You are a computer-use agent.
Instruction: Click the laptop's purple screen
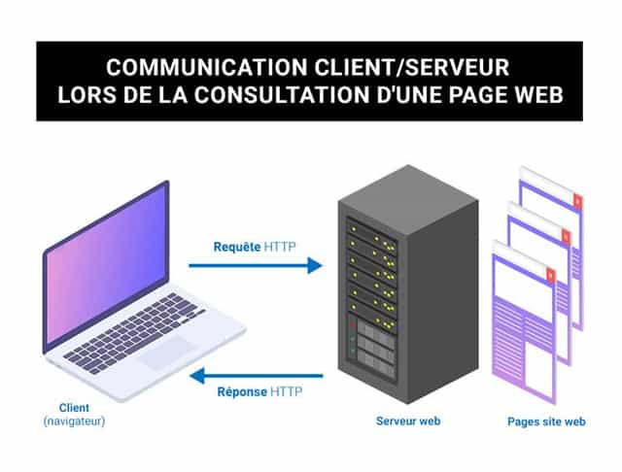coord(106,261)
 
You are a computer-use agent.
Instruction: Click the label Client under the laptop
coord(74,409)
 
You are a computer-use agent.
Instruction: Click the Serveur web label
coord(408,421)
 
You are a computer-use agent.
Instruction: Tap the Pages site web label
coord(546,421)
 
